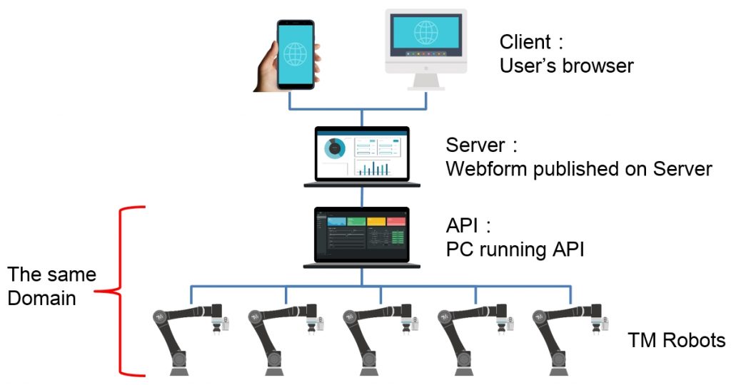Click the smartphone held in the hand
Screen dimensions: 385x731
294,53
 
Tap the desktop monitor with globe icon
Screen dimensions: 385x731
425,43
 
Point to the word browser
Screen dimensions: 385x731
598,66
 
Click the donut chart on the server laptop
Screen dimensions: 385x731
335,148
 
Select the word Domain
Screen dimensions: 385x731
41,297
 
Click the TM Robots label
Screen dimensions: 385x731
676,340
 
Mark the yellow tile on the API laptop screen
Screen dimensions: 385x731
375,222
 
